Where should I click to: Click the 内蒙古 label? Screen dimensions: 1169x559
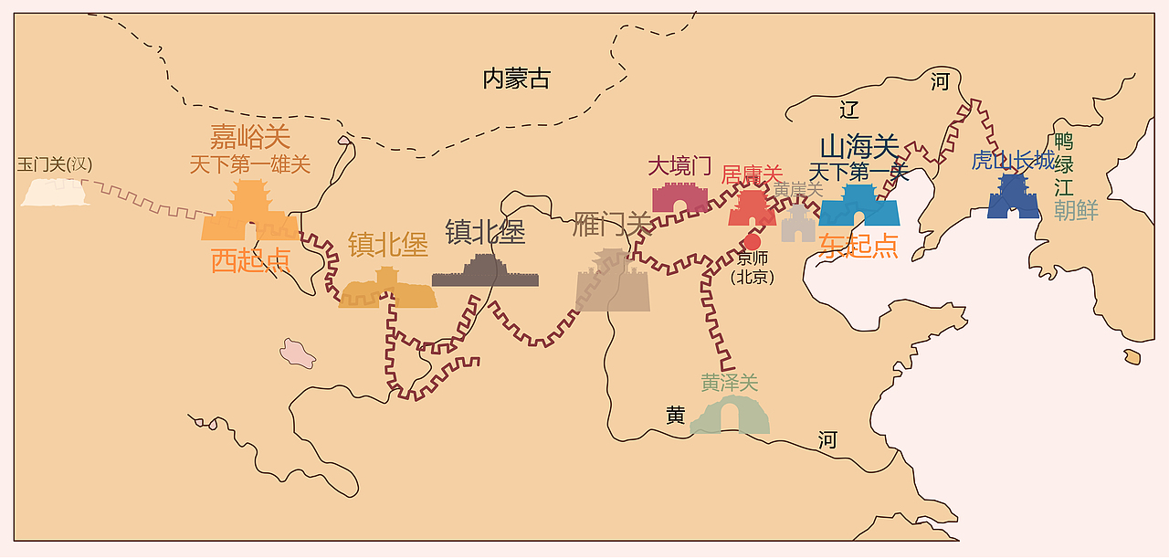516,79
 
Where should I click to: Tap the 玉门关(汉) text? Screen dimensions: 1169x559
55,164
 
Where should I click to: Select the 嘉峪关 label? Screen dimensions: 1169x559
249,137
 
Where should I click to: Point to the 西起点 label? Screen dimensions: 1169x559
250,260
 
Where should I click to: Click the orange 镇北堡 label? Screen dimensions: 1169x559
387,245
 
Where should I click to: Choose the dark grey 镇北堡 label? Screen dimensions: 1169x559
485,232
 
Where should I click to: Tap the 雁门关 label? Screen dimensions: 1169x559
612,224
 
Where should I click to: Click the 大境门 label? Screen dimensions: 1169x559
679,165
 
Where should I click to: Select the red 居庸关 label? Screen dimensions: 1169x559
752,174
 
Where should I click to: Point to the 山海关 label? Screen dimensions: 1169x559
858,146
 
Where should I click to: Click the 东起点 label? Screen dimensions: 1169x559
858,245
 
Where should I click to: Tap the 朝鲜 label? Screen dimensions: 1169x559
1075,210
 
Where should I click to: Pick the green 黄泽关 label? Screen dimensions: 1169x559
730,383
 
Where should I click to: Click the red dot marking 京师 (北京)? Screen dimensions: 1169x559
752,242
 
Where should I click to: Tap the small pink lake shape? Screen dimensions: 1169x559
297,353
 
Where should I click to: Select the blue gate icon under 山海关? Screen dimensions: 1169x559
859,206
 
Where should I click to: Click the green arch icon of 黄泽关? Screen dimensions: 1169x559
730,417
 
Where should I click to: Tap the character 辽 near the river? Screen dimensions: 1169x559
849,111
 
